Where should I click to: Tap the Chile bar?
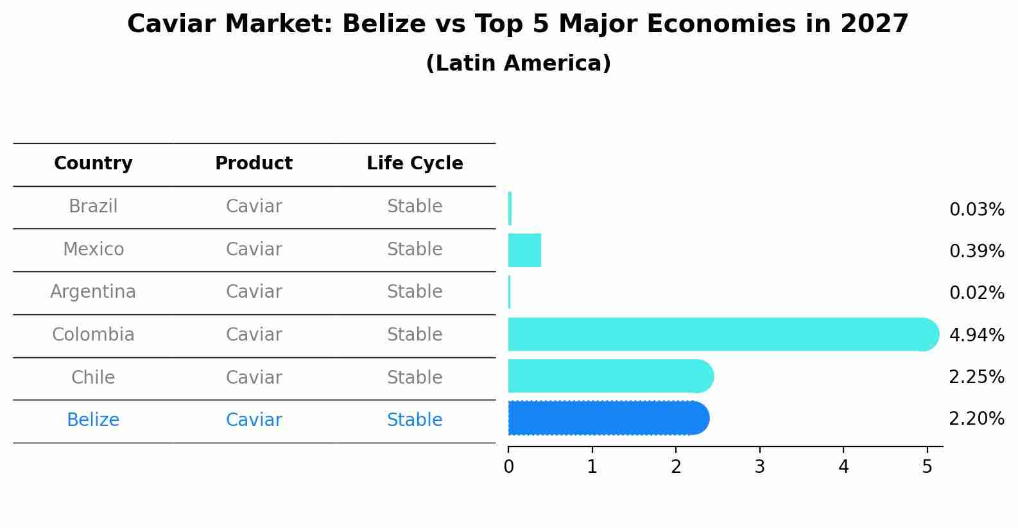click(610, 376)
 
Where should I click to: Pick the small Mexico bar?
click(524, 250)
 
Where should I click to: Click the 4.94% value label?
click(976, 335)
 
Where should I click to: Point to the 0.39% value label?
click(976, 251)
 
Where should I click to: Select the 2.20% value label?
click(976, 419)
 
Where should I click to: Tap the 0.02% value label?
click(976, 293)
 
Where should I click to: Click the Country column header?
click(93, 164)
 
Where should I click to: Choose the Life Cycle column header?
click(415, 164)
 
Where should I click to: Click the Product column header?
click(254, 164)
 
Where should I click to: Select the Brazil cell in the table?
click(93, 207)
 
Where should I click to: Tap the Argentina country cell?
click(93, 292)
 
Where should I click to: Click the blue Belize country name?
click(93, 420)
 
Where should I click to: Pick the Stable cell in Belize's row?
click(415, 420)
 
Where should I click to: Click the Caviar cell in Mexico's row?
click(254, 250)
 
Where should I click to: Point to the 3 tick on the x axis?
click(759, 467)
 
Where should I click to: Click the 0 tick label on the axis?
click(508, 467)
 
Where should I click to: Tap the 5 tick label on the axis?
click(927, 467)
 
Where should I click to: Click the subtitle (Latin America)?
click(518, 64)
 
